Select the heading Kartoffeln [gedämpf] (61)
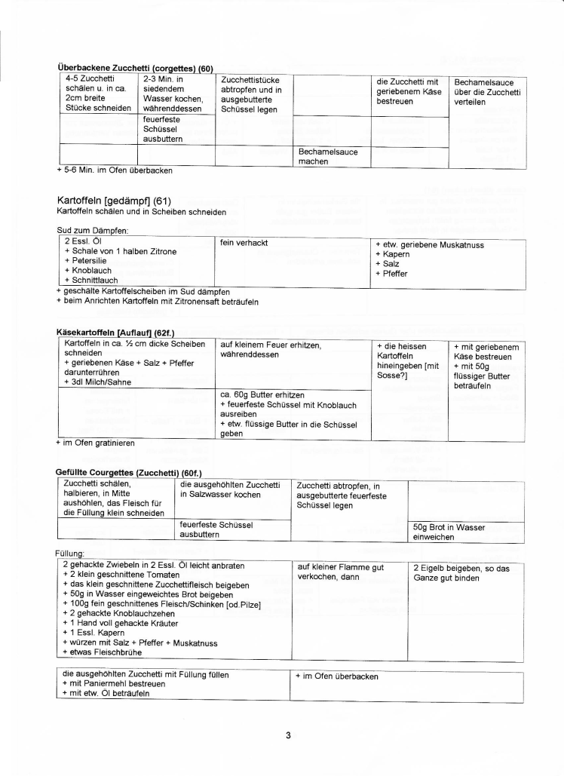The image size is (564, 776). [115, 201]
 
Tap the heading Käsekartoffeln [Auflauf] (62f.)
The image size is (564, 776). [120, 331]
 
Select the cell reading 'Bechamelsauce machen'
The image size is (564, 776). [328, 156]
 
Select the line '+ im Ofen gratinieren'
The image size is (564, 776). [96, 443]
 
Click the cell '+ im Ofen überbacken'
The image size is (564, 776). [337, 676]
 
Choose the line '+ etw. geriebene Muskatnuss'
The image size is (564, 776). [429, 244]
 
